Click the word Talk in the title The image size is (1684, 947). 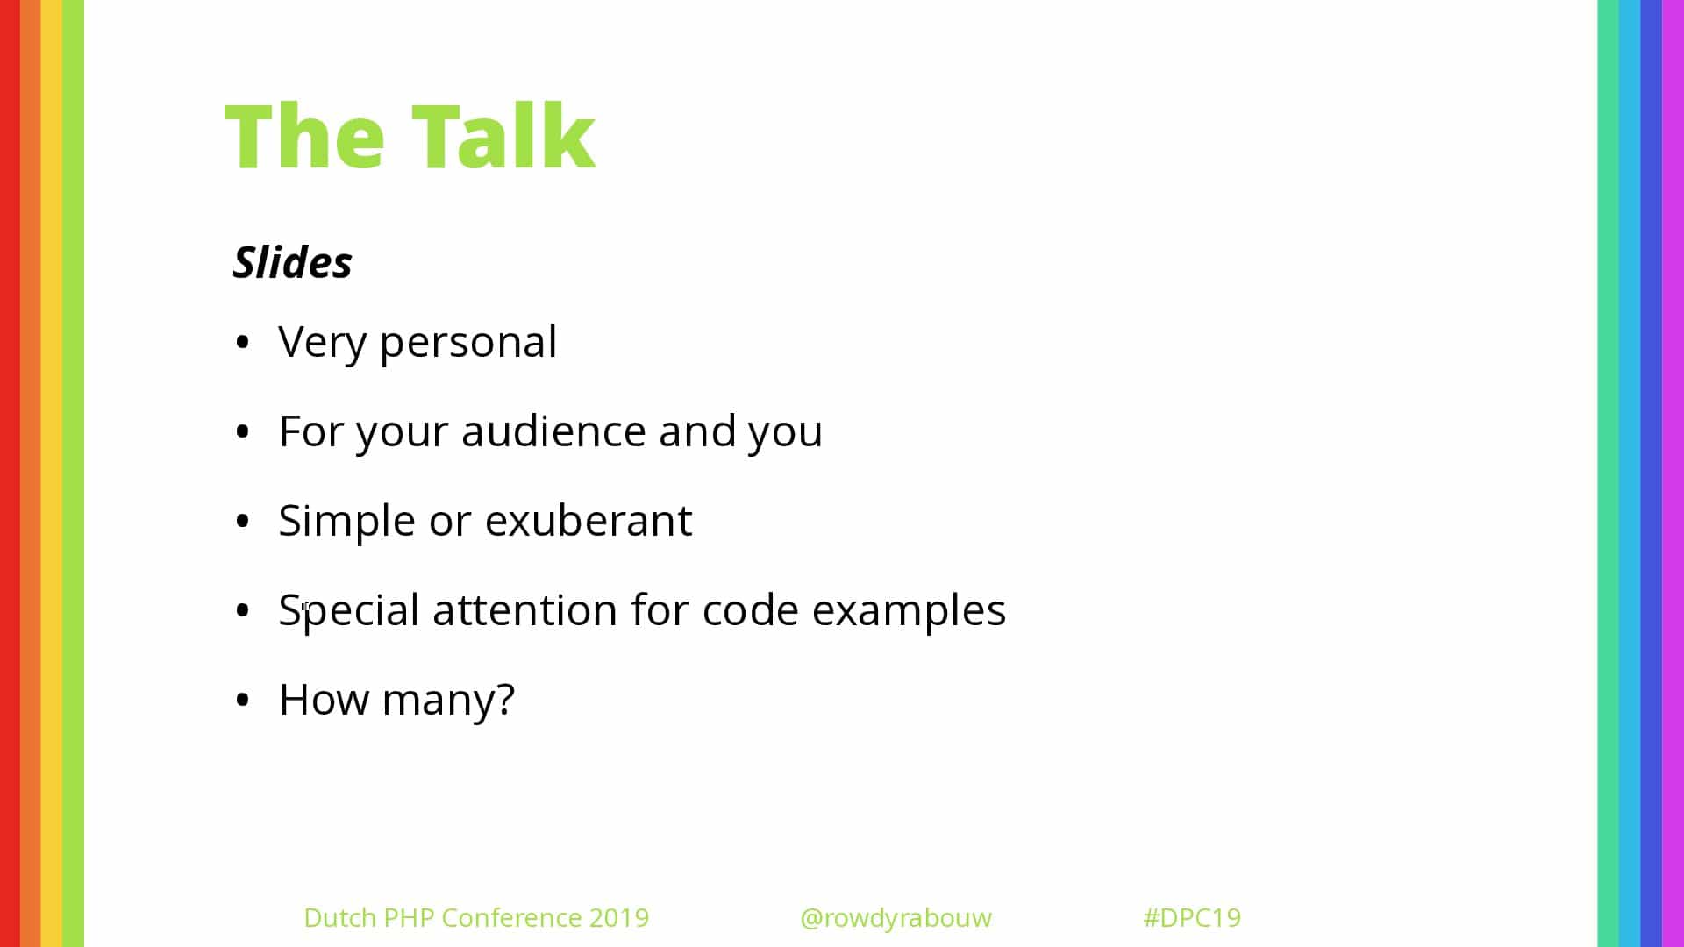[x=503, y=136]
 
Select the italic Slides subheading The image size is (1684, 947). [x=292, y=262]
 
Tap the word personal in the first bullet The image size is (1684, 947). [x=468, y=343]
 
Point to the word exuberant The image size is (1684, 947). [x=589, y=521]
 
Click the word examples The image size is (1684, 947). [x=909, y=611]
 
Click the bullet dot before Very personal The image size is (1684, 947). [x=243, y=342]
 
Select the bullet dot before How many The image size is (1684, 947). [x=243, y=700]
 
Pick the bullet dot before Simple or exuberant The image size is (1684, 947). [x=243, y=521]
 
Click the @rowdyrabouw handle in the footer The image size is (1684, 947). [x=896, y=918]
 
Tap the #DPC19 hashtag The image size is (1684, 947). [x=1192, y=917]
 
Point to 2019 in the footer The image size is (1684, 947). [x=619, y=917]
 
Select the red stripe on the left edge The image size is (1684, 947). [x=10, y=473]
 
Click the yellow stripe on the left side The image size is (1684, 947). [x=52, y=473]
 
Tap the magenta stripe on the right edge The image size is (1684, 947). [x=1673, y=473]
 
